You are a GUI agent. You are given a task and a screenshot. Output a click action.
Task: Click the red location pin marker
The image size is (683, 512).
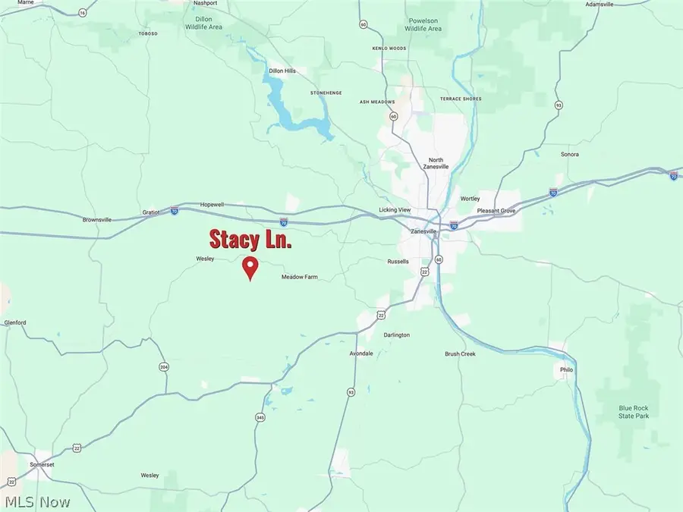pos(250,268)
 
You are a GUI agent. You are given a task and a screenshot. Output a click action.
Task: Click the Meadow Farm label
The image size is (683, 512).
pos(299,278)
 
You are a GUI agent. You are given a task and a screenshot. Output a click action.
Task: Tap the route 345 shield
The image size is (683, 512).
pos(260,418)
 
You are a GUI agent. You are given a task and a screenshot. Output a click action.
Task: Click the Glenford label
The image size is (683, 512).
pos(15,322)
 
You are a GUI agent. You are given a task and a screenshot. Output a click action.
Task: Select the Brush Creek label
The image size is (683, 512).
pos(460,353)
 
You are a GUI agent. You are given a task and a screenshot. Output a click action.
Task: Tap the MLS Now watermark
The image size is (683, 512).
pos(38,501)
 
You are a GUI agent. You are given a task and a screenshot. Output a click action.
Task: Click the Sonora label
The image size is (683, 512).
pos(570,154)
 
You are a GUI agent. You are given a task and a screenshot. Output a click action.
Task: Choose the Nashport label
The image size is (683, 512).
pos(205,3)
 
